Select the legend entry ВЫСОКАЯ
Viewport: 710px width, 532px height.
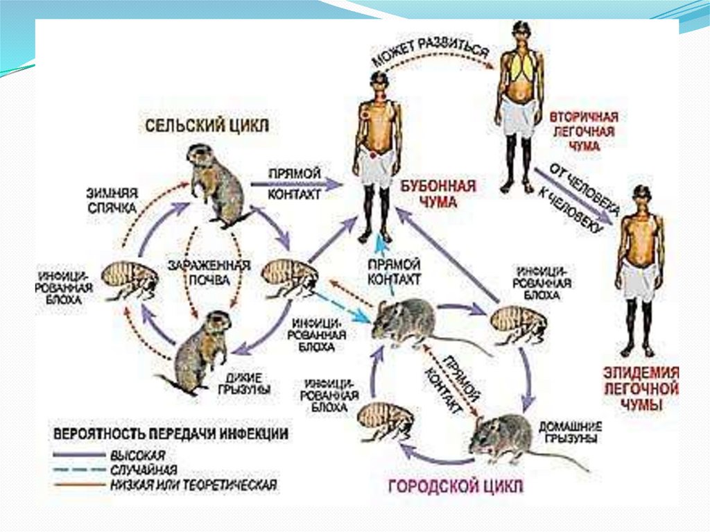137,455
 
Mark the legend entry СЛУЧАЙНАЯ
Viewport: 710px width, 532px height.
143,470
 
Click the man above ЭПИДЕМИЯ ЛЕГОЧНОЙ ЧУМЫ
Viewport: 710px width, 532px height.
639,271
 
